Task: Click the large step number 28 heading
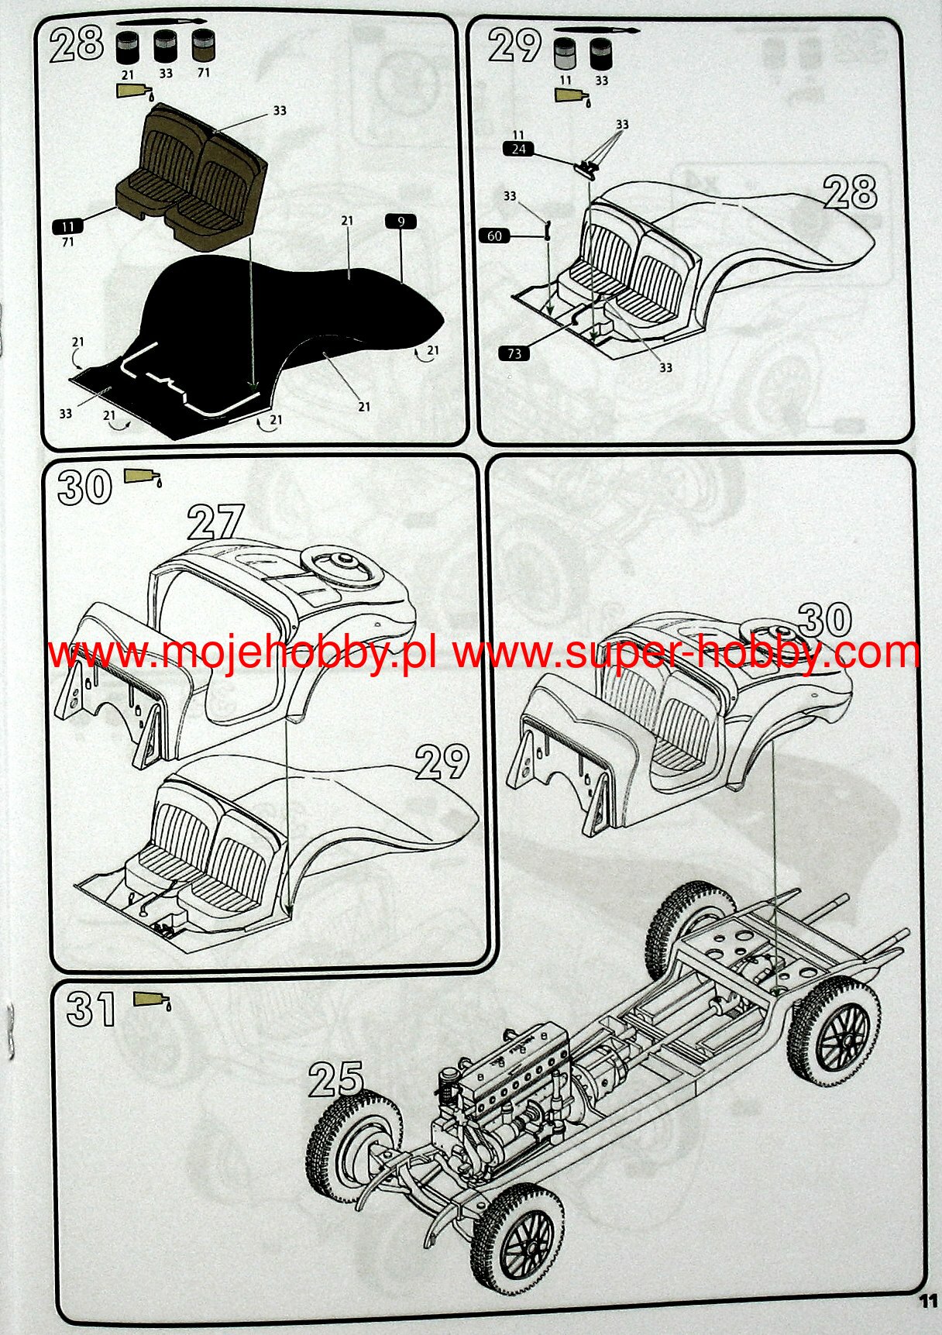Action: pos(77,43)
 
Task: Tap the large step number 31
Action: pos(91,1010)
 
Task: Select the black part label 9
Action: pos(401,222)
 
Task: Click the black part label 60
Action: pos(495,236)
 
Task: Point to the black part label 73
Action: pos(515,353)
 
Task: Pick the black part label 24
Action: pos(518,149)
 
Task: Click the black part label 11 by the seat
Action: pos(67,226)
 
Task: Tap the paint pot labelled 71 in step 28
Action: pos(203,46)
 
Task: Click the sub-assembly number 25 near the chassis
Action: pos(336,1079)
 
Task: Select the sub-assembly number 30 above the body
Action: pos(824,620)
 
